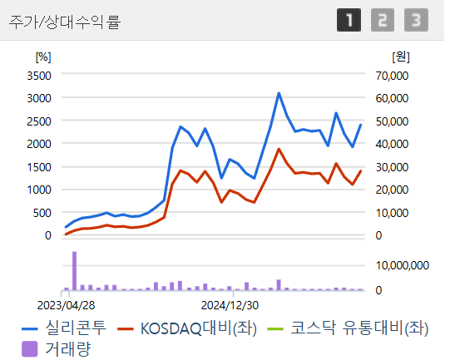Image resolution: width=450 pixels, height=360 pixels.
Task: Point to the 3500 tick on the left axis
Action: point(40,75)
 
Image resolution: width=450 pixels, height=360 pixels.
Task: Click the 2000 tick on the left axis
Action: point(40,144)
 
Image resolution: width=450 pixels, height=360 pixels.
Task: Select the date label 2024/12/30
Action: point(230,304)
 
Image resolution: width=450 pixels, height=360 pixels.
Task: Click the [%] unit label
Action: point(42,57)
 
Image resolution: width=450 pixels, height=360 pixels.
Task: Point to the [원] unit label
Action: point(400,57)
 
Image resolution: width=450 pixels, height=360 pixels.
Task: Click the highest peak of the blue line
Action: point(279,93)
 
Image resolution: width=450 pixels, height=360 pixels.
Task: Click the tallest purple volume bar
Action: point(74,270)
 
